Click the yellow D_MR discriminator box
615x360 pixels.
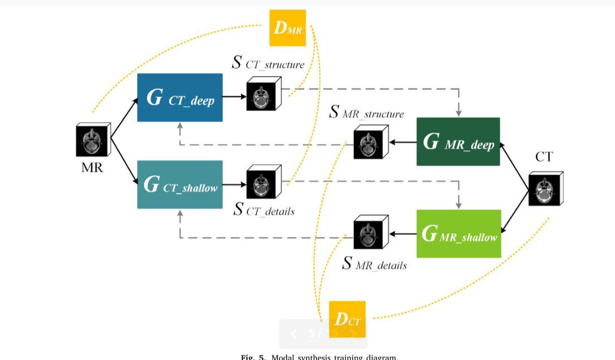(288, 28)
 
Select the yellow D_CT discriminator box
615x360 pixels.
(347, 319)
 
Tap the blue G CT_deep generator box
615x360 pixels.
(180, 97)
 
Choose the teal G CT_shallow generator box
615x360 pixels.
(180, 184)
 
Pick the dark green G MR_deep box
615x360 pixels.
(458, 142)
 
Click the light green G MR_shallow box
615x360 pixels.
(459, 233)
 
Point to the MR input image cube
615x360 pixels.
(93, 141)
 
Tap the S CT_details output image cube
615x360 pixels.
(263, 182)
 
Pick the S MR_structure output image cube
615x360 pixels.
(370, 142)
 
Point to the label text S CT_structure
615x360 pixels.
(268, 63)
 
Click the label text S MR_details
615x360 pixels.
(374, 264)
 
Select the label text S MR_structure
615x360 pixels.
(366, 113)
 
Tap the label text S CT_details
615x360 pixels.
(263, 210)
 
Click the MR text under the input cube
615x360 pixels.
(92, 167)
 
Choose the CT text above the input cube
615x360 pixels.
(544, 157)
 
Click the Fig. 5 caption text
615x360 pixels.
(319, 357)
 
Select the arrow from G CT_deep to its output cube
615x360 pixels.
(234, 97)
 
